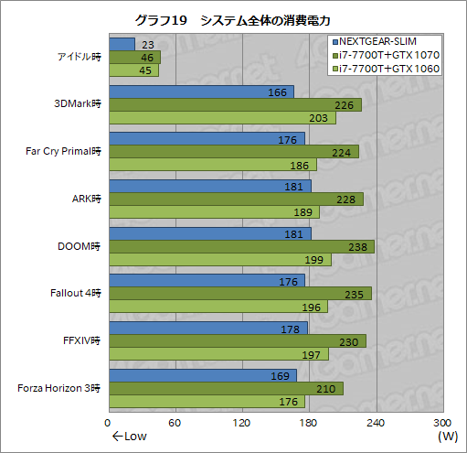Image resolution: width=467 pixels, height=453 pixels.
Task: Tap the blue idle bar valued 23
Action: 121,44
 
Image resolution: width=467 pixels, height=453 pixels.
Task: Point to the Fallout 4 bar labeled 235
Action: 239,294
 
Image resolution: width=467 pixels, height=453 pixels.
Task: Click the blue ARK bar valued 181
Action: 209,186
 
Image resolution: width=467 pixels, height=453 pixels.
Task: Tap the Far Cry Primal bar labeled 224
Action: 233,151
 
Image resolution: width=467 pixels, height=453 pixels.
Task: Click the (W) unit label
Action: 447,437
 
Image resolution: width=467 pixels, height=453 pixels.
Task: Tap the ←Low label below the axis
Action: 129,437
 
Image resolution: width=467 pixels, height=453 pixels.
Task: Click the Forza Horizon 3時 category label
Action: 58,389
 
